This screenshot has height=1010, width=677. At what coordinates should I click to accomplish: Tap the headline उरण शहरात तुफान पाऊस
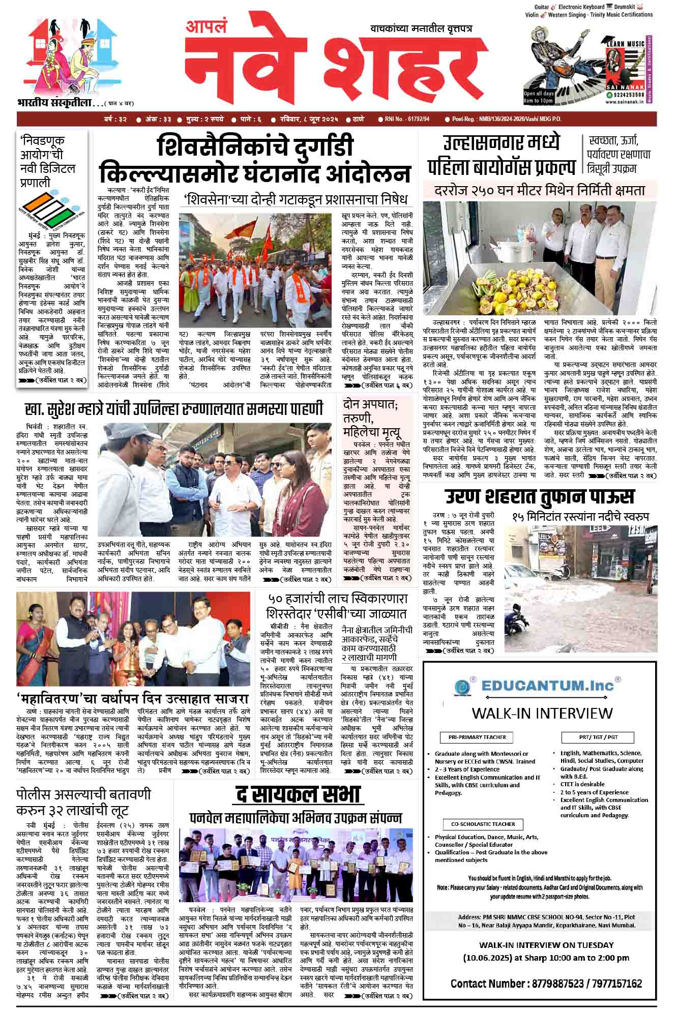point(539,496)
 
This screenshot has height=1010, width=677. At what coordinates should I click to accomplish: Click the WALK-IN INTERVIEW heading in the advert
point(542,712)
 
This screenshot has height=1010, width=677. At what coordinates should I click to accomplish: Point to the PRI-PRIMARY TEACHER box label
point(477,737)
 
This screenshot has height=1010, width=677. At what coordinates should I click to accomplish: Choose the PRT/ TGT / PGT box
point(598,737)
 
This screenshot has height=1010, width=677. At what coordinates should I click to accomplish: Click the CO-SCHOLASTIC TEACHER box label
point(483,823)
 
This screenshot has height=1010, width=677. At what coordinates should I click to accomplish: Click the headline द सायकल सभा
point(298,794)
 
